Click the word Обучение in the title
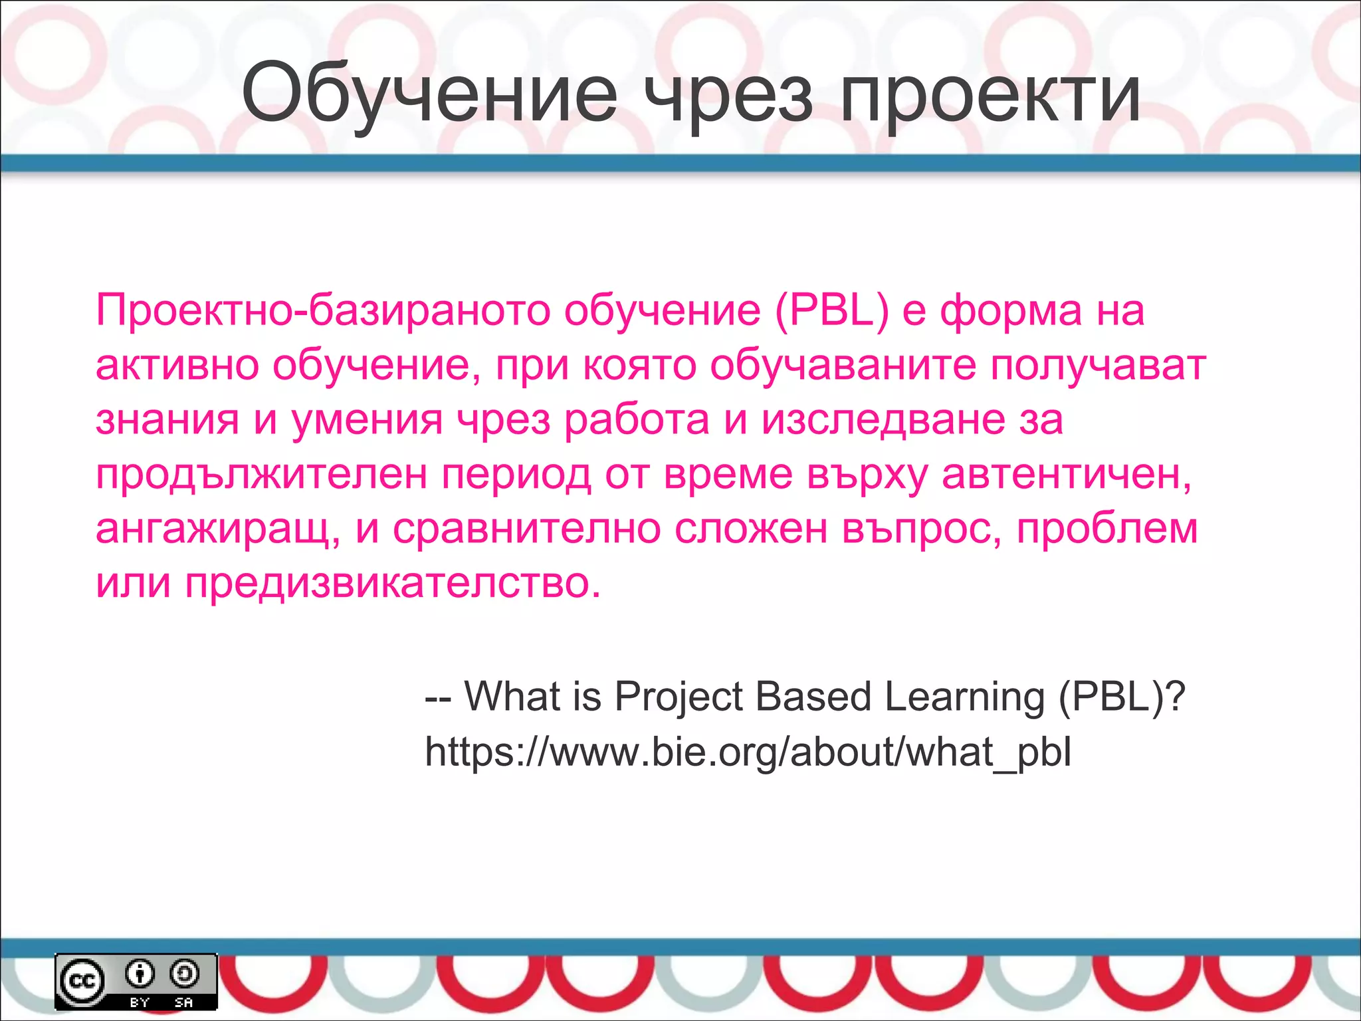[x=429, y=94]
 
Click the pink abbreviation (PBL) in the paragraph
[x=831, y=310]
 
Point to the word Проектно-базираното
[x=323, y=310]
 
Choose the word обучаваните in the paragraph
[x=843, y=365]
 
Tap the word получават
[x=1098, y=366]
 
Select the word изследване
[x=883, y=419]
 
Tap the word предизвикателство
[x=392, y=583]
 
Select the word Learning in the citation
[x=964, y=697]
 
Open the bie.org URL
[x=748, y=752]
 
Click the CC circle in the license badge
[x=82, y=981]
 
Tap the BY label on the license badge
[x=140, y=1002]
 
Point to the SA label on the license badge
[x=184, y=1002]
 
